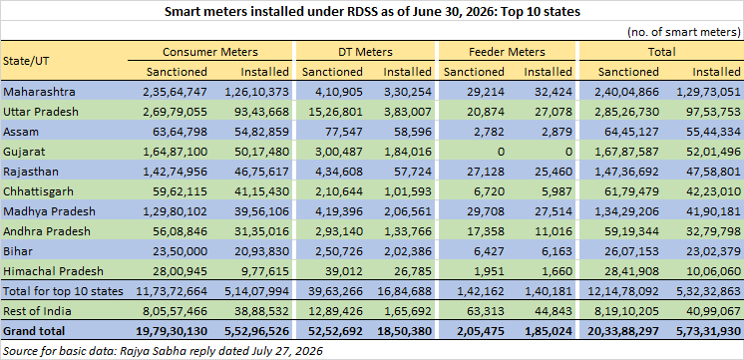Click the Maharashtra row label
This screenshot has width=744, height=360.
tap(39, 92)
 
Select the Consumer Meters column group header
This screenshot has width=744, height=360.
tap(210, 52)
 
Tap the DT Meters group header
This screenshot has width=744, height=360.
tap(365, 52)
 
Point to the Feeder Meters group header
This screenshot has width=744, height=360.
tap(508, 52)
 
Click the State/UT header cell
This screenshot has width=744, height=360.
tap(26, 61)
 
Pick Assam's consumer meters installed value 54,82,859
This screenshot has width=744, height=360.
tap(256, 132)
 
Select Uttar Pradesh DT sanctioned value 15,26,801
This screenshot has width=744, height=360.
tap(332, 112)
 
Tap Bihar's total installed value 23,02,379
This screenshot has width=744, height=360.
tap(709, 251)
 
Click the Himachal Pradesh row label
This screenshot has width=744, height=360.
tap(53, 271)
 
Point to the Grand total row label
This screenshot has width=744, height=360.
tap(34, 331)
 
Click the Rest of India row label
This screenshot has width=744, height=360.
tap(37, 311)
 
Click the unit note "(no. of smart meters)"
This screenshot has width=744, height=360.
tap(684, 32)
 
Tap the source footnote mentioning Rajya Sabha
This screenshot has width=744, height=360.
tap(163, 351)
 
